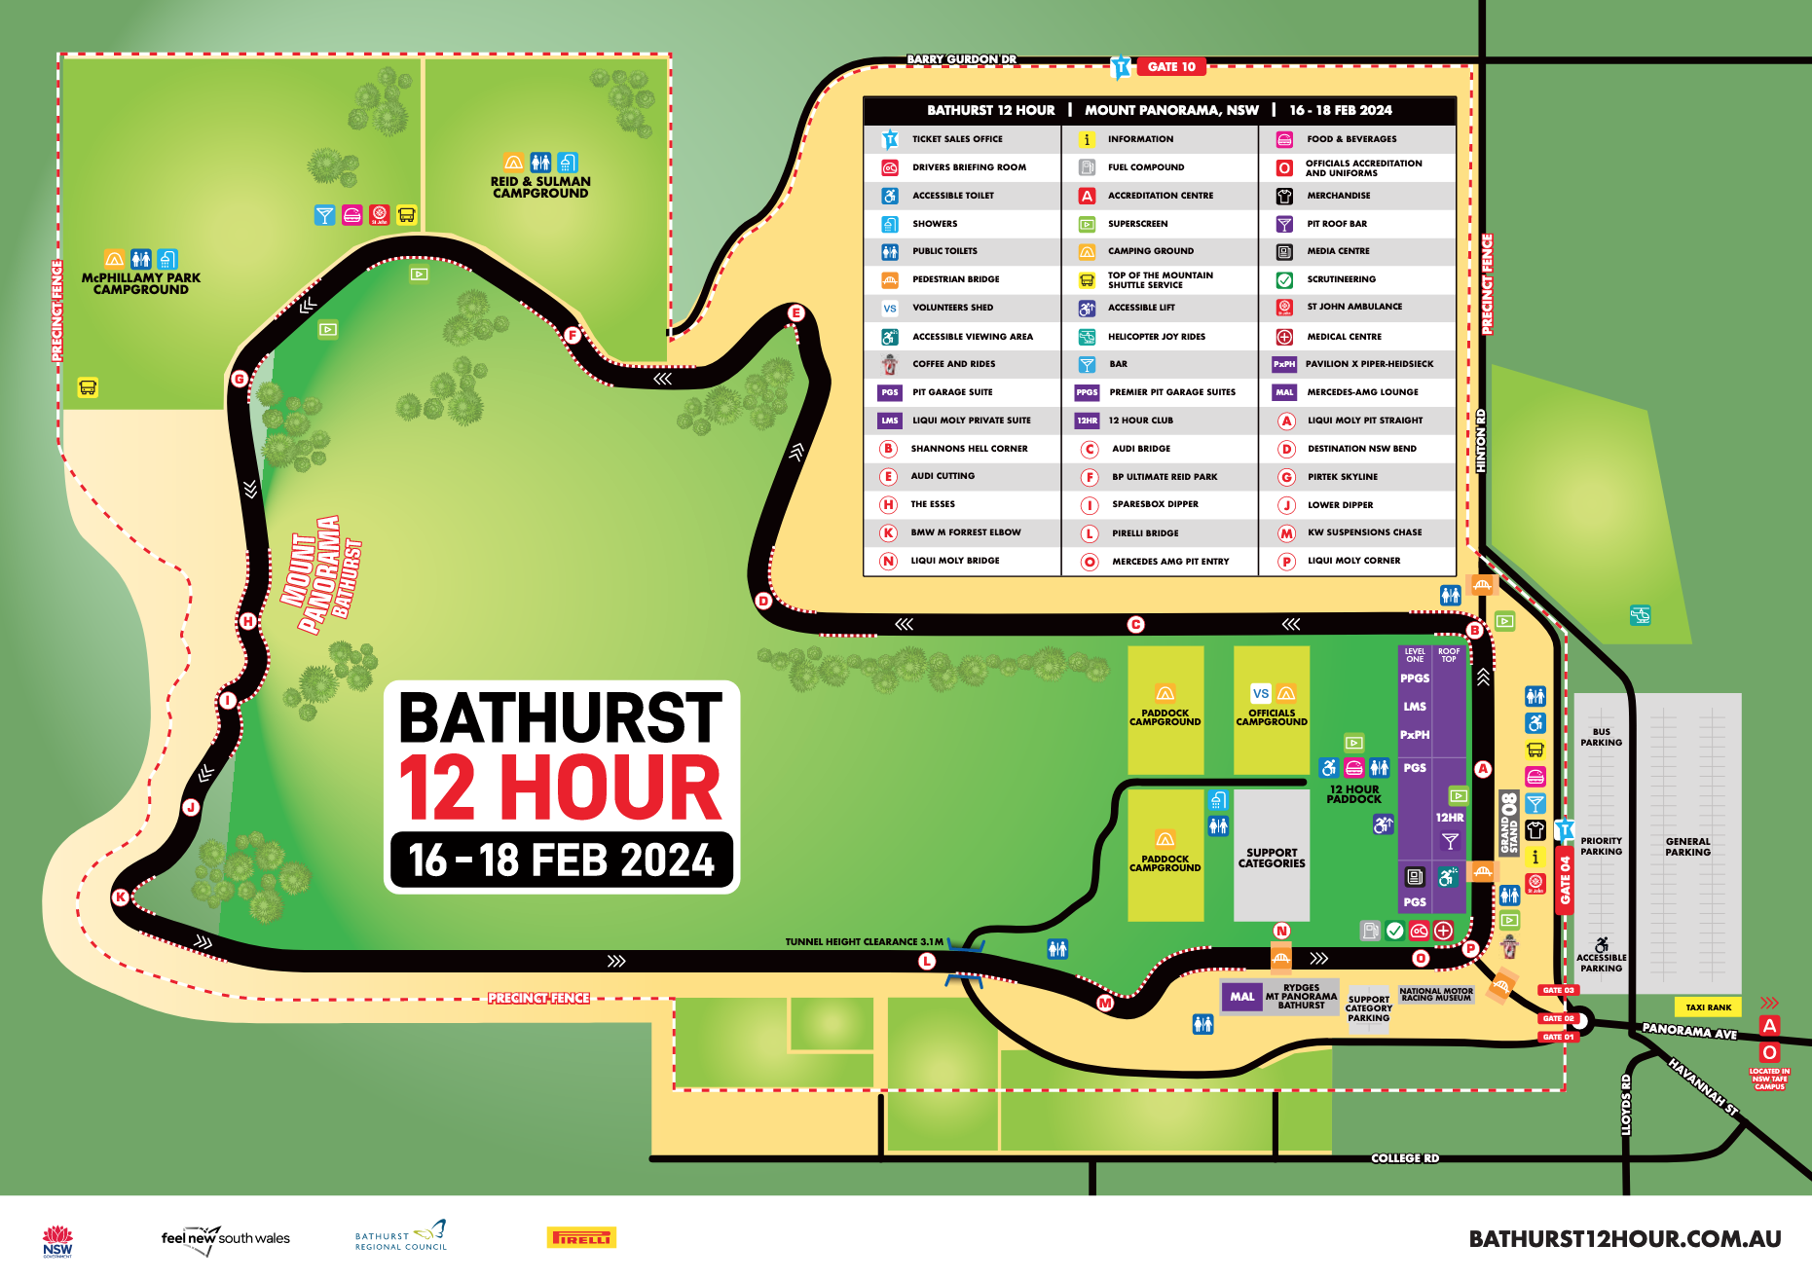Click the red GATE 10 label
click(x=1171, y=67)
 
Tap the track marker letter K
click(x=122, y=897)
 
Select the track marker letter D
click(x=763, y=601)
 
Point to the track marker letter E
click(x=796, y=312)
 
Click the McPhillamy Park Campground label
click(x=141, y=283)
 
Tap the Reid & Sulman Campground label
click(x=540, y=187)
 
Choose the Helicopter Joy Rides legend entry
click(x=1156, y=337)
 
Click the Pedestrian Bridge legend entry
click(x=955, y=279)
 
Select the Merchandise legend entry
click(x=1338, y=196)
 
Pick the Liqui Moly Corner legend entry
click(x=1353, y=561)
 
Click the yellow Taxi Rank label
click(x=1708, y=1007)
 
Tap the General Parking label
click(x=1687, y=847)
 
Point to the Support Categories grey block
click(x=1271, y=858)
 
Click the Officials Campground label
click(x=1271, y=717)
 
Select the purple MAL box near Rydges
click(x=1241, y=997)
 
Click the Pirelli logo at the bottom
click(x=581, y=1238)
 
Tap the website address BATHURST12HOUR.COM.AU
click(x=1624, y=1239)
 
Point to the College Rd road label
click(x=1404, y=1158)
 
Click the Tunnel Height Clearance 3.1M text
click(x=864, y=941)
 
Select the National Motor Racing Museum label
click(x=1436, y=994)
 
